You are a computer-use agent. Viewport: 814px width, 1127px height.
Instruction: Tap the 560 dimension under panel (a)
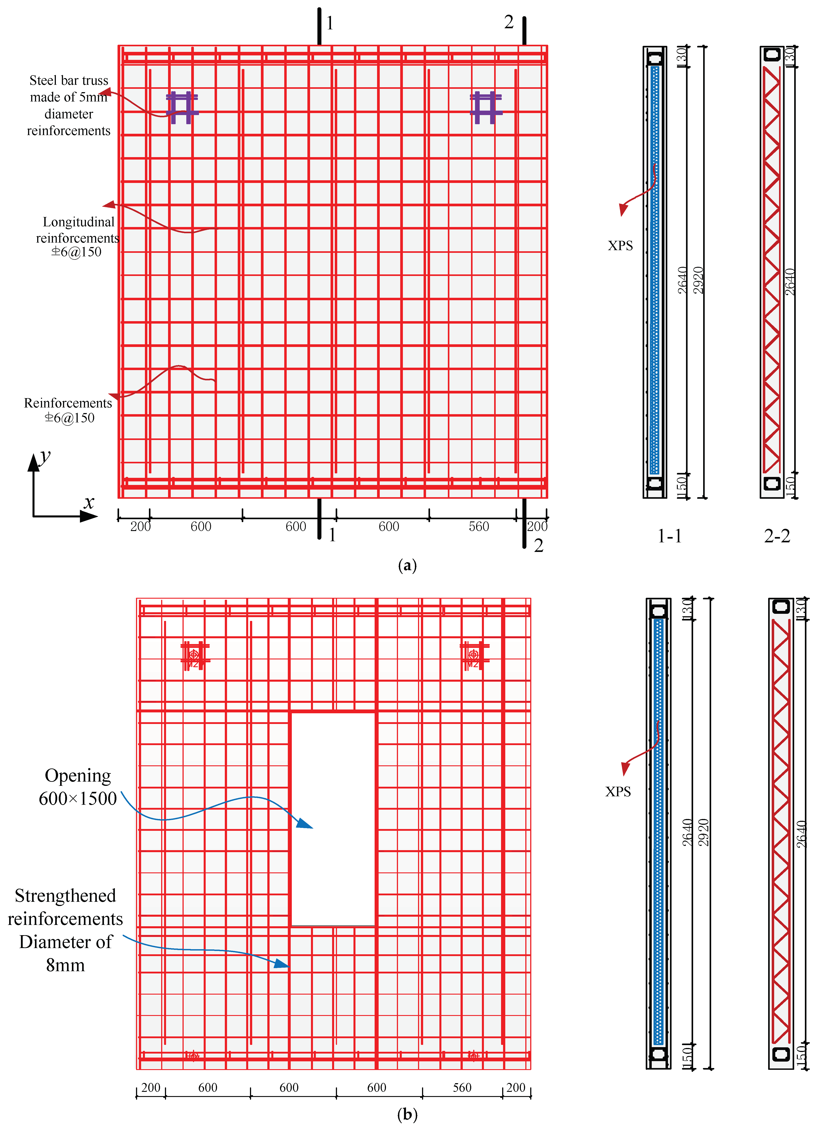[x=479, y=526]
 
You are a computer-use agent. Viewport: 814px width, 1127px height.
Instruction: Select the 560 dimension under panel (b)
[x=462, y=1087]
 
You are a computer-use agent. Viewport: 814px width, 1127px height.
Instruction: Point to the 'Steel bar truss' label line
[x=69, y=81]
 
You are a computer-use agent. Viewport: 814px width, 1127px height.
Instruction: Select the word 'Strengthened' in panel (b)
[x=65, y=896]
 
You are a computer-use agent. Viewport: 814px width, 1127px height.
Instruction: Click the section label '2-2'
[x=777, y=536]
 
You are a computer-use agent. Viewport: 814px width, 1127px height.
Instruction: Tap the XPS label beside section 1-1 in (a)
[x=620, y=245]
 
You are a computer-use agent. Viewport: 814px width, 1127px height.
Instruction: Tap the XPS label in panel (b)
[x=618, y=792]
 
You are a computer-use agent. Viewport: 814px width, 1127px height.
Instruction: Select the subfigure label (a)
[x=407, y=566]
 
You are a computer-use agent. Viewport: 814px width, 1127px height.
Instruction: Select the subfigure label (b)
[x=407, y=1115]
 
